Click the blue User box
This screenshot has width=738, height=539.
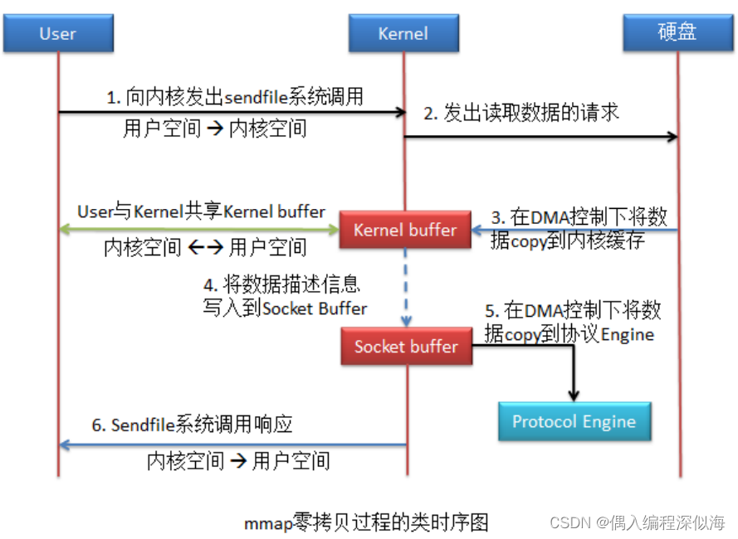pos(57,34)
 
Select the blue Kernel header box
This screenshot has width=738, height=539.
pos(403,34)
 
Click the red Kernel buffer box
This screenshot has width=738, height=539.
pos(405,231)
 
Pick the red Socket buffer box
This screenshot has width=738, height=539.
pos(406,347)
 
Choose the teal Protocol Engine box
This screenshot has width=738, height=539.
pos(574,421)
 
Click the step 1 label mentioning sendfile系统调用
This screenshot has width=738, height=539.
pos(235,97)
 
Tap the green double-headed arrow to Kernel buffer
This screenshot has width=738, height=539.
pos(199,230)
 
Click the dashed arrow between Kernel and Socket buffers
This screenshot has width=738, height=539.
pos(406,287)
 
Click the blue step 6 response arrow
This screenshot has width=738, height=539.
pos(232,445)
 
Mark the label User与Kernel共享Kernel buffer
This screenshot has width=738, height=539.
pos(201,211)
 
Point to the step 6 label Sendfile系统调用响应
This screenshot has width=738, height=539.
pos(192,425)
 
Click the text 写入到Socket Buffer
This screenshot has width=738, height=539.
pos(286,308)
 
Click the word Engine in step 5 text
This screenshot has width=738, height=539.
pos(627,334)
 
